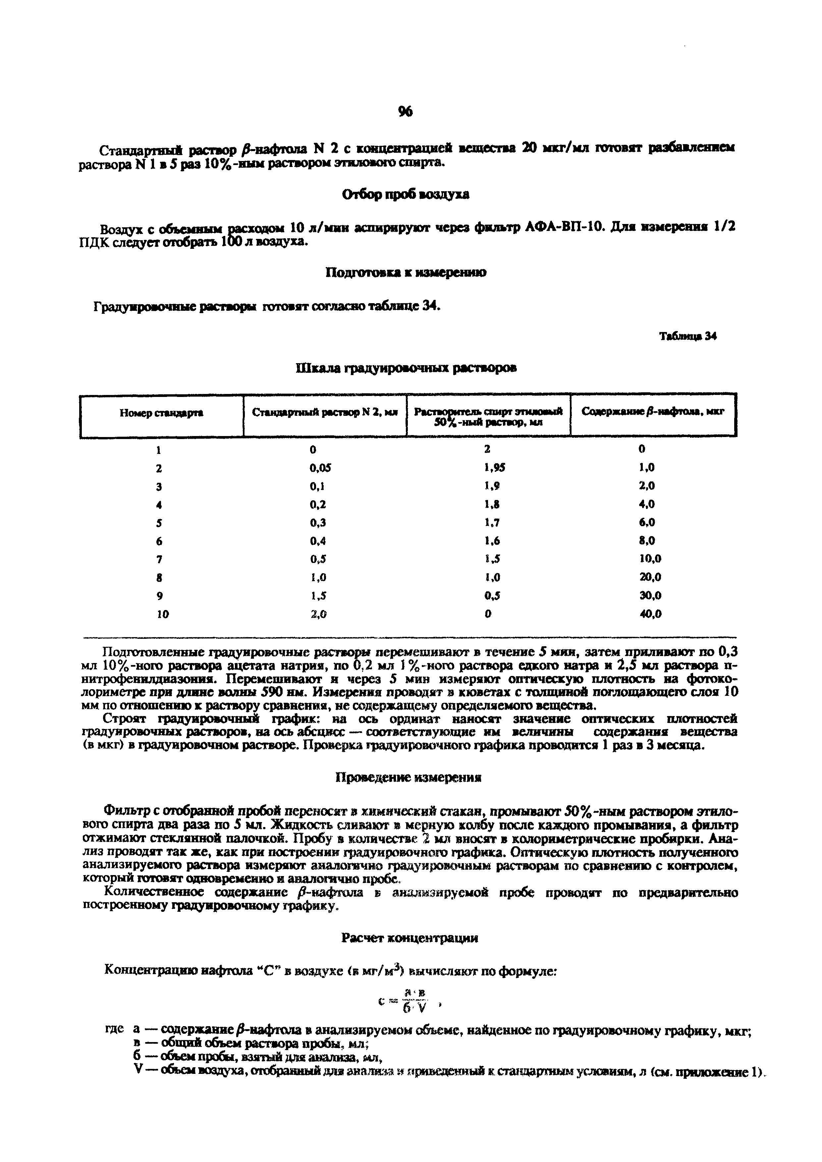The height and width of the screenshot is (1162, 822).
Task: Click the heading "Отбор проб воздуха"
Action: coord(406,194)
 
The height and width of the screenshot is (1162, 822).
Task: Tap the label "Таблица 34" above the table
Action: coord(688,336)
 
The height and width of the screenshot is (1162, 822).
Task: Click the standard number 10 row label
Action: coord(162,614)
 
